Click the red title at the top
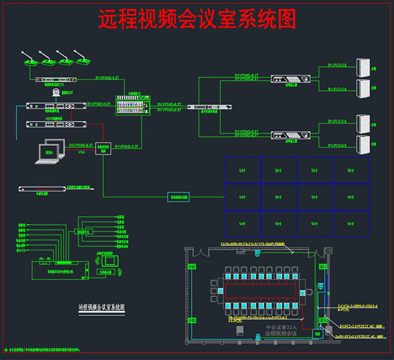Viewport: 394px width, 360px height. (197, 20)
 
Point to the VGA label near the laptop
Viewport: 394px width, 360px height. (82, 153)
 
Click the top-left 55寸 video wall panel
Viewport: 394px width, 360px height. (243, 170)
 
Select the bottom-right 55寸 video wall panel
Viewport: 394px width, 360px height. (351, 223)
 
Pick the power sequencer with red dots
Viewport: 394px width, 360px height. (42, 189)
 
